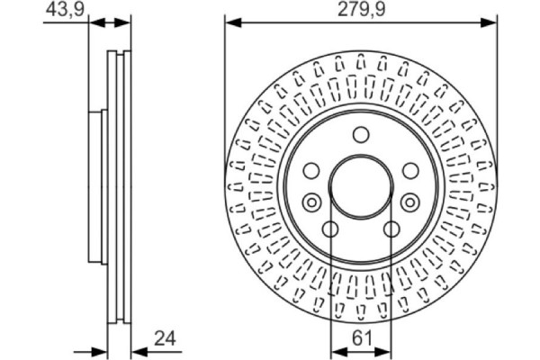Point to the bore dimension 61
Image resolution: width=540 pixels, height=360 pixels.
361,339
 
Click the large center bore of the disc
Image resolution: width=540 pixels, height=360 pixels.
360,186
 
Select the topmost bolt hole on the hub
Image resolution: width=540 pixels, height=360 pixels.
360,135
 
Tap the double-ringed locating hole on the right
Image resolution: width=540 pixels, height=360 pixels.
409,201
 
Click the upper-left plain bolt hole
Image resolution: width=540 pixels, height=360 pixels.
311,170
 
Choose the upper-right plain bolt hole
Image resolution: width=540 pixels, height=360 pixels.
409,170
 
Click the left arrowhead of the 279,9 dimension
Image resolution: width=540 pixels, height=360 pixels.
231,22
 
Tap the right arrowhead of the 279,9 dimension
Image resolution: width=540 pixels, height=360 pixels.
490,22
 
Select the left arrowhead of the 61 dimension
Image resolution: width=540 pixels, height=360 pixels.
337,351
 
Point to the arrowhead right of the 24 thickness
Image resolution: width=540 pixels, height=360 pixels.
137,351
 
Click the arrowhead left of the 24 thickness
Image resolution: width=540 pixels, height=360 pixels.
101,351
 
